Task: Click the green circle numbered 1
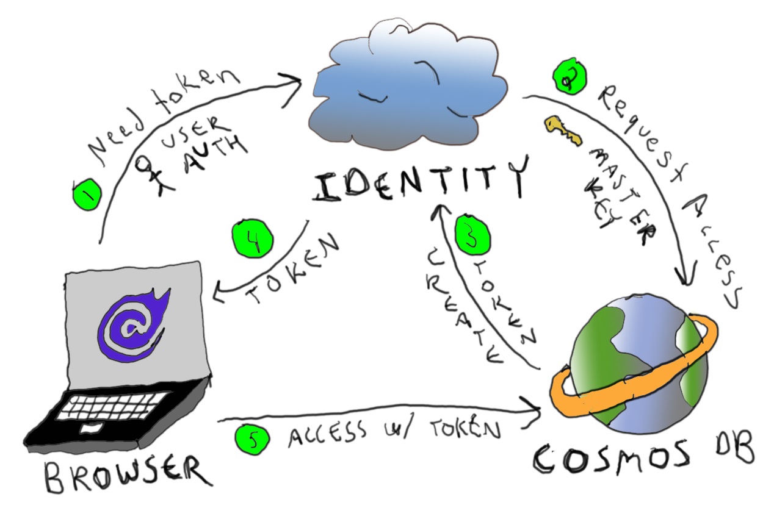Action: click(86, 193)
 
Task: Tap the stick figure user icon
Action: click(148, 172)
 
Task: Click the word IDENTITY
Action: click(419, 181)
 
